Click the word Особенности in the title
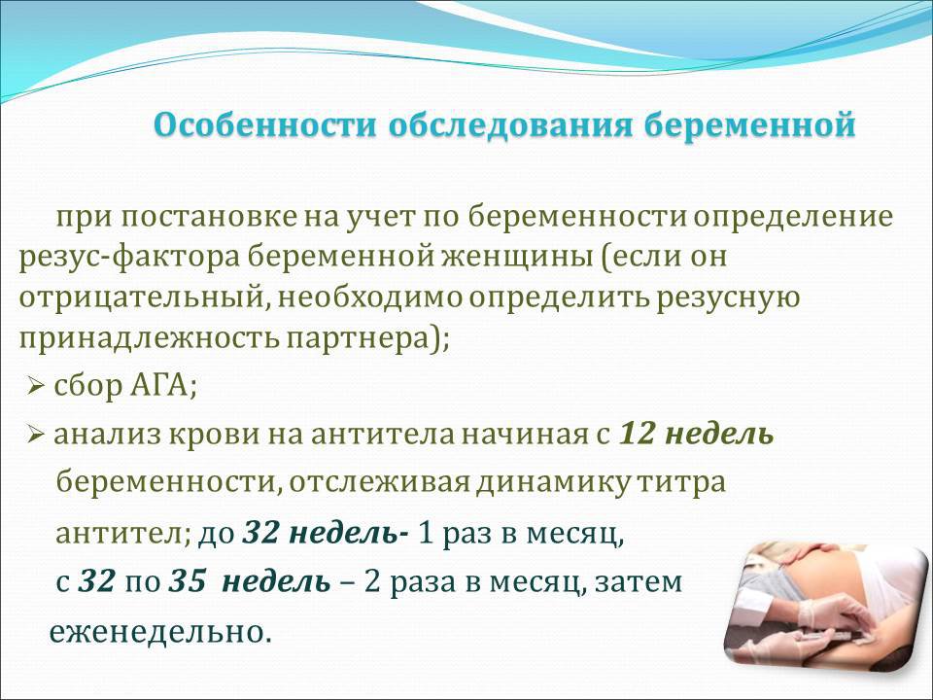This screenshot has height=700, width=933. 265,125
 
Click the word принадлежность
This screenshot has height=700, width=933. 150,339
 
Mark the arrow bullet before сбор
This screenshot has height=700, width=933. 36,388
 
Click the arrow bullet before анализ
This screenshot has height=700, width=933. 36,436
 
